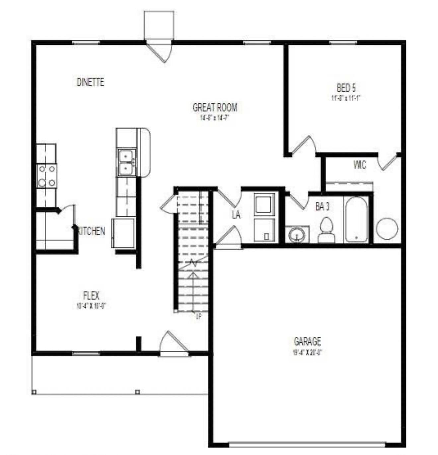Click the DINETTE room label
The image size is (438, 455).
[x=90, y=82]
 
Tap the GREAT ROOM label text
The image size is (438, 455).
[x=215, y=107]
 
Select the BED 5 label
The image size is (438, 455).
[x=346, y=88]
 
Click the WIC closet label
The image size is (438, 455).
[x=360, y=165]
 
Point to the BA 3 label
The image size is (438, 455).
[x=322, y=207]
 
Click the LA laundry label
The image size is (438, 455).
[x=236, y=215]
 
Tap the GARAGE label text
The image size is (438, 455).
[x=307, y=341]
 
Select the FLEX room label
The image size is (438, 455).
[x=91, y=295]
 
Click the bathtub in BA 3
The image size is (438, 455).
[x=356, y=220]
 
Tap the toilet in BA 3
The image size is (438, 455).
[x=327, y=229]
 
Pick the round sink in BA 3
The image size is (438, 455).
[x=297, y=235]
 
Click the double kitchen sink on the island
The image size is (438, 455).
[x=126, y=162]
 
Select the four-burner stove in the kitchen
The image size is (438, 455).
[x=46, y=176]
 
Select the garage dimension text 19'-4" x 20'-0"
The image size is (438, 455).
[x=307, y=352]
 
